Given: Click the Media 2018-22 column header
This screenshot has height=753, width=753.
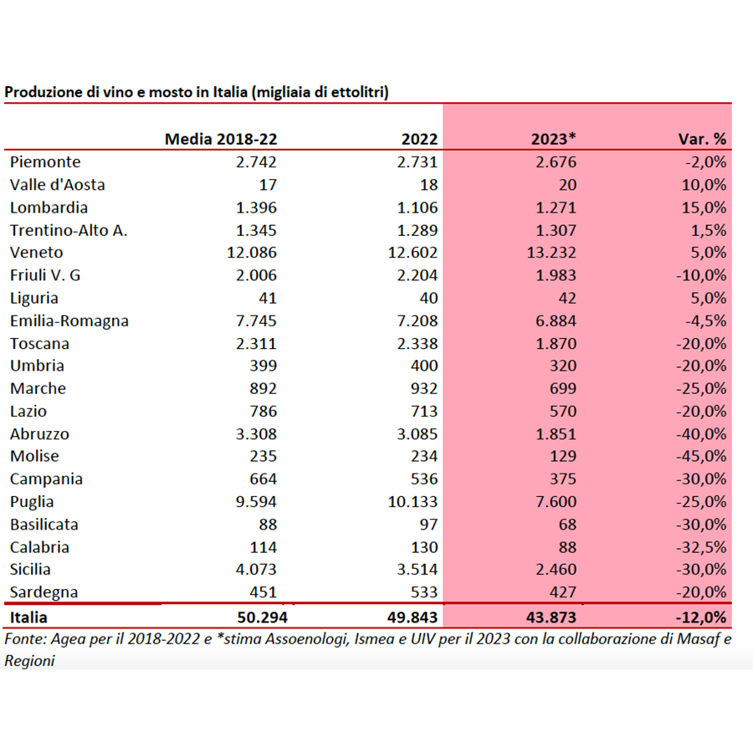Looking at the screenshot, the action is click(221, 139).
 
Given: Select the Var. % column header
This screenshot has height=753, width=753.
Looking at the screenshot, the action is click(702, 139).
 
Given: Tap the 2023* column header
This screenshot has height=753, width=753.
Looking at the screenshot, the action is click(553, 139).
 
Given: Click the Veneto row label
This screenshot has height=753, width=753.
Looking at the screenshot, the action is click(37, 253).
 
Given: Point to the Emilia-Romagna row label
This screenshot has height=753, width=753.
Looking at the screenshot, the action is click(69, 320).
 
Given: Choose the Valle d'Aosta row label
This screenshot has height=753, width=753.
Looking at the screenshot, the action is click(57, 185).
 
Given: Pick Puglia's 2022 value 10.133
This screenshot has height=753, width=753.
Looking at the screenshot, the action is click(412, 502).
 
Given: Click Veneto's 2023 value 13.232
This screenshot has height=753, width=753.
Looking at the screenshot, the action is click(551, 253).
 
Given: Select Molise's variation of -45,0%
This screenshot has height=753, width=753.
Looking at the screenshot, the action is click(701, 456).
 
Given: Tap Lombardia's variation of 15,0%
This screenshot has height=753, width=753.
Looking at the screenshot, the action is click(704, 208).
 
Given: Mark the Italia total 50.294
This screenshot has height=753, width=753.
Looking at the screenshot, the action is click(262, 617).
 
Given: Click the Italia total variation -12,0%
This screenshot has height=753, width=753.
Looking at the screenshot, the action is click(701, 617).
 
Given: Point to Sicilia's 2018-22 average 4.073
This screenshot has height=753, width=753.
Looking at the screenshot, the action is click(256, 570).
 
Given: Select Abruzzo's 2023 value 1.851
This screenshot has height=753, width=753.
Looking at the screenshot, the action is click(556, 434).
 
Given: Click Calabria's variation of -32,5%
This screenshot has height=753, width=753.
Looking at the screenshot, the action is click(701, 547).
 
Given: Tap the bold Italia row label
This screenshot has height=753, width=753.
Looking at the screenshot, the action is click(28, 617).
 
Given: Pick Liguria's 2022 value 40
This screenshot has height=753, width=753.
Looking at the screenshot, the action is click(428, 298).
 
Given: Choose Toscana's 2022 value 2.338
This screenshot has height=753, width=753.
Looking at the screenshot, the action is click(417, 344).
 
